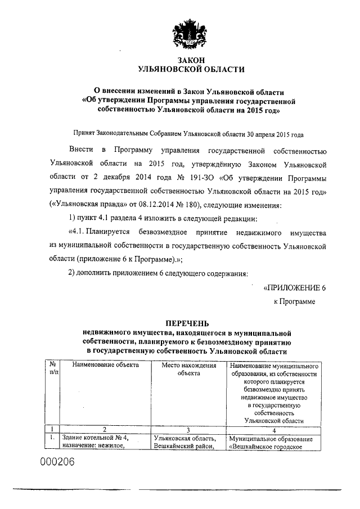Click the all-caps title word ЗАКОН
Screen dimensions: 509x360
191,60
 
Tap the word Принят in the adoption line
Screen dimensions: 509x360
84,135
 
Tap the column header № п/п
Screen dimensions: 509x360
53,368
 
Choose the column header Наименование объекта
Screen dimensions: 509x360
106,365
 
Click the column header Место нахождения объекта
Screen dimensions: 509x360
188,368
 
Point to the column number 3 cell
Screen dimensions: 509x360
188,429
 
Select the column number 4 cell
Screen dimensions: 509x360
274,429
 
